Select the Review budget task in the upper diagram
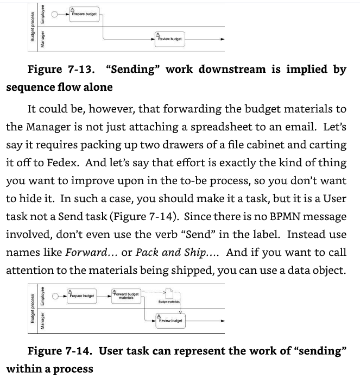[169, 39]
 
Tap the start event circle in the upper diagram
[55, 15]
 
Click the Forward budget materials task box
[126, 295]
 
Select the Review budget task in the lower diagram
[169, 320]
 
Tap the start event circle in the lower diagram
[55, 296]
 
